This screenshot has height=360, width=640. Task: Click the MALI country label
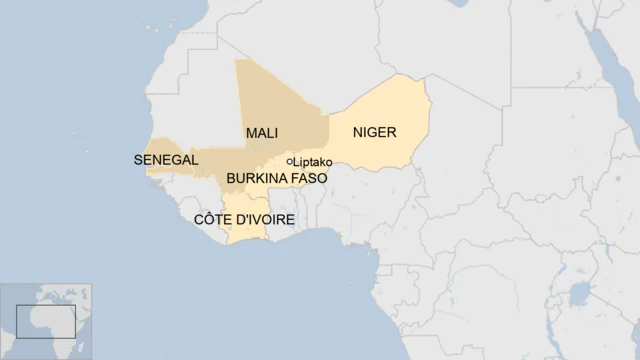point(261,133)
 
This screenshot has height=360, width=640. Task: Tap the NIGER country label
point(375,132)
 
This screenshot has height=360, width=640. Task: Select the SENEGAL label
point(165,159)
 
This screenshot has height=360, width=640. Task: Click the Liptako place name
point(312,162)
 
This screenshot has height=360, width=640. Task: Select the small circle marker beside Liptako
point(290,161)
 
